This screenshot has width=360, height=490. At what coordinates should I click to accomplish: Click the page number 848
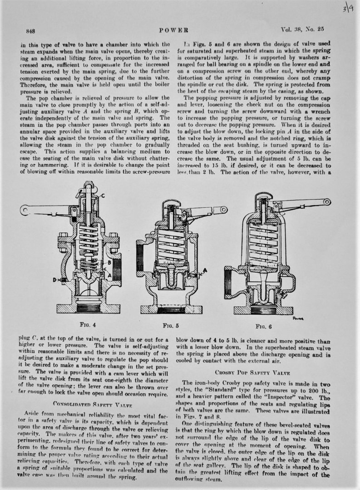click(x=31, y=31)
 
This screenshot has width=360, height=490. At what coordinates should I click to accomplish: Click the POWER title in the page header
click(x=174, y=31)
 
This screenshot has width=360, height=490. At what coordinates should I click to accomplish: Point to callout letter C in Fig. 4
click(x=104, y=196)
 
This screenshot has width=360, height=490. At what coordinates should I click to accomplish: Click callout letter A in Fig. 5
click(x=205, y=270)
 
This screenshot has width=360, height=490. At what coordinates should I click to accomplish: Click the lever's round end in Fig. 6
click(x=325, y=202)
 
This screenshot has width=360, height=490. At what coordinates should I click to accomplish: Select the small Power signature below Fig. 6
click(x=298, y=318)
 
